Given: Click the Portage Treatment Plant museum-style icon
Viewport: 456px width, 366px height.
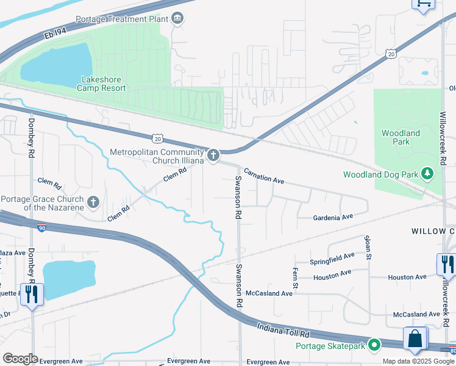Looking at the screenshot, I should [177, 18].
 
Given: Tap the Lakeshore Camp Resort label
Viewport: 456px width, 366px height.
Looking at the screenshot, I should [101, 84].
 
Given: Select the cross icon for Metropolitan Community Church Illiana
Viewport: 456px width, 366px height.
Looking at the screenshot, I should [213, 156].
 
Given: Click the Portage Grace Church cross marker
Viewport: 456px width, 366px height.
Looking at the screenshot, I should [93, 202].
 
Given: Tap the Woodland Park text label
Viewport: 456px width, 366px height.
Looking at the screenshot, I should [401, 137].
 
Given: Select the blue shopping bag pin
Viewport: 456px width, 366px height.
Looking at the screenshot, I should [415, 339].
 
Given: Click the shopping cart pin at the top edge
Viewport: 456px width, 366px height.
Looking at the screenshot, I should [423, 4].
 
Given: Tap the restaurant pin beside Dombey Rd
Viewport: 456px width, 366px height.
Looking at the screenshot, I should [30, 294].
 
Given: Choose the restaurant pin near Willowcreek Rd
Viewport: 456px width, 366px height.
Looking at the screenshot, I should [446, 264].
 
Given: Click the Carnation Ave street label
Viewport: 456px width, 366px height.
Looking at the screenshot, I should [265, 176].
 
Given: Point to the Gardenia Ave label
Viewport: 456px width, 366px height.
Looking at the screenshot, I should [333, 217].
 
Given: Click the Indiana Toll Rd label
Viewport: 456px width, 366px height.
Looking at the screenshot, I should [283, 330].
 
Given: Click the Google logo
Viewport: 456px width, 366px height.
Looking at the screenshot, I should [20, 358].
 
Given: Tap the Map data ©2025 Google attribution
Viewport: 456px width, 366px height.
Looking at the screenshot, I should [418, 361].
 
